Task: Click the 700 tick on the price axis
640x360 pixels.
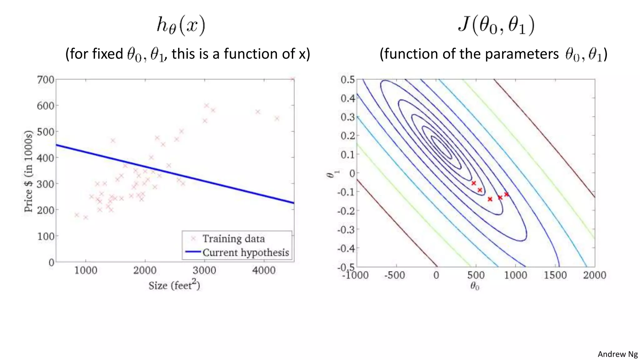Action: point(46,80)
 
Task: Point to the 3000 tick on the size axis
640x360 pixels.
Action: point(204,270)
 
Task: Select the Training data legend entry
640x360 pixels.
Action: point(233,239)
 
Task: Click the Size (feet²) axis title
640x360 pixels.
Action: point(174,285)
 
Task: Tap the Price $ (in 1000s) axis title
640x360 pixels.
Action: point(28,171)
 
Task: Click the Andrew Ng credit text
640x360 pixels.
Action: point(617,354)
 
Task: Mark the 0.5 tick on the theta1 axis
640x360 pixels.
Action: point(347,80)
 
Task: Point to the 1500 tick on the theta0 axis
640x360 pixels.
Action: point(555,275)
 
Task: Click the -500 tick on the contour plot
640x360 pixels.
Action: point(395,275)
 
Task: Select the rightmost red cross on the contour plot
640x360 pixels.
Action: point(507,194)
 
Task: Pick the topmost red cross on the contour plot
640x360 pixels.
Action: point(474,183)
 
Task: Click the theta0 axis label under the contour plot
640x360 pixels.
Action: point(475,286)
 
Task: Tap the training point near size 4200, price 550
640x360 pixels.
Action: point(277,118)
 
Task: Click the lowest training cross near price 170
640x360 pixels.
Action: point(86,217)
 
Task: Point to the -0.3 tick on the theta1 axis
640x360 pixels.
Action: point(346,230)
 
